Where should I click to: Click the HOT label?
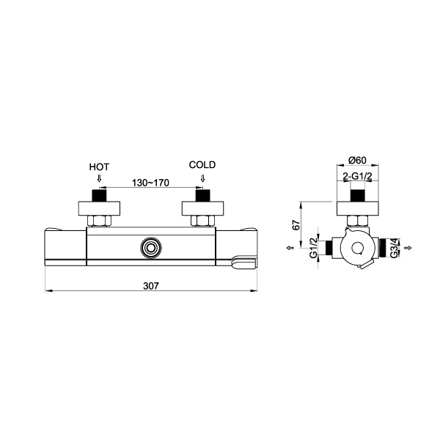(x=99, y=167)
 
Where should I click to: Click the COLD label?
(x=202, y=165)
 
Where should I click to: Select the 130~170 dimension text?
(x=150, y=183)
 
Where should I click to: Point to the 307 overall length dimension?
(x=151, y=286)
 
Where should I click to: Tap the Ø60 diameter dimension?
(x=358, y=160)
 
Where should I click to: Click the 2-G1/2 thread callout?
(x=358, y=177)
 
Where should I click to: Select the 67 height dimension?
(x=296, y=225)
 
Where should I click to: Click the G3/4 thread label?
(x=395, y=248)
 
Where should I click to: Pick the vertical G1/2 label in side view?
(x=313, y=247)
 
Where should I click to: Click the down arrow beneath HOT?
(x=99, y=178)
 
